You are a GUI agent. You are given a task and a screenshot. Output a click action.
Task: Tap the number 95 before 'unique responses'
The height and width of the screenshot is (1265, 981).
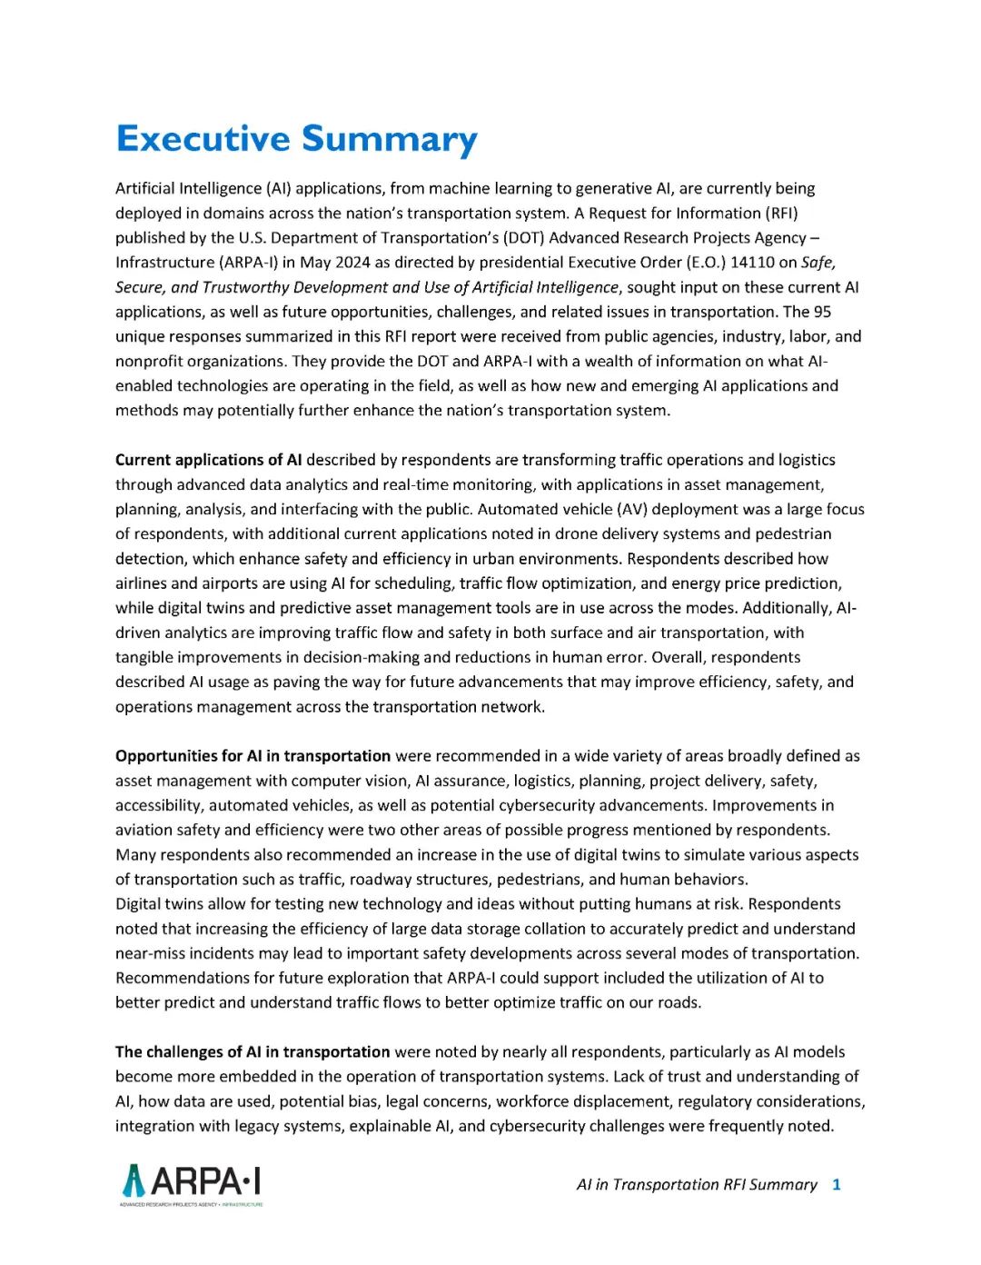[821, 312]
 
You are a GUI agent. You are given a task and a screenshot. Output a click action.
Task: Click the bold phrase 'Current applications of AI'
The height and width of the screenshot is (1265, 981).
[208, 460]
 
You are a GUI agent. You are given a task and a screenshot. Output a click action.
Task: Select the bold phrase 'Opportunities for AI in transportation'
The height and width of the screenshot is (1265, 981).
[253, 756]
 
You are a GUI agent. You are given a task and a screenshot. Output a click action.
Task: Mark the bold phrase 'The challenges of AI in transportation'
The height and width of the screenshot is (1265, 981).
[253, 1052]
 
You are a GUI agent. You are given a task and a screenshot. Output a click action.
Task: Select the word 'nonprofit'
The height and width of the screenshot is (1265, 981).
[148, 361]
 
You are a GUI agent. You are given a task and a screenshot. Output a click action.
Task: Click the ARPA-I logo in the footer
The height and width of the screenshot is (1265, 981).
[192, 1183]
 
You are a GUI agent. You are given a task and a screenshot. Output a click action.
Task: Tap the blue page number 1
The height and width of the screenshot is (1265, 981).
[837, 1184]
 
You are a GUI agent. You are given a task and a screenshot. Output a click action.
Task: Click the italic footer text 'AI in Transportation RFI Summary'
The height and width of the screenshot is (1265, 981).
[697, 1184]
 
